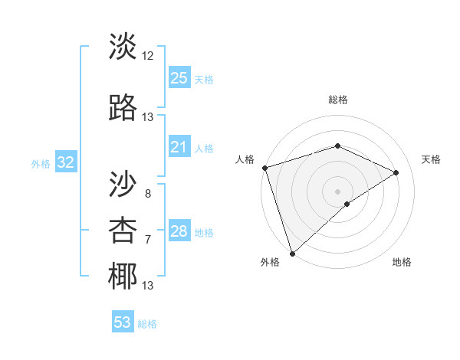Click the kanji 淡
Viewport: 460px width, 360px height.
click(x=123, y=47)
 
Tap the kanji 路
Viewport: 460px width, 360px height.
click(x=123, y=109)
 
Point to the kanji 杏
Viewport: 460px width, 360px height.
click(x=123, y=231)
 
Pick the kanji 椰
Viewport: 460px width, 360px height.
click(x=123, y=277)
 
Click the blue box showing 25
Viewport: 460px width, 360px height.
click(x=179, y=78)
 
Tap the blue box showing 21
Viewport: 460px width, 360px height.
click(x=179, y=147)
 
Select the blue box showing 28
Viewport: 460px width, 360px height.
click(x=179, y=231)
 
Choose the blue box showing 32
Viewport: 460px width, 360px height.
click(x=65, y=162)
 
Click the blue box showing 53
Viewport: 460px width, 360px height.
click(x=122, y=322)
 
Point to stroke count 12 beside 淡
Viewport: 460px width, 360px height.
click(x=148, y=56)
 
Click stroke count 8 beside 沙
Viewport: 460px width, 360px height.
click(x=148, y=193)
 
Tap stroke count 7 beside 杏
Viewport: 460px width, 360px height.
click(x=148, y=240)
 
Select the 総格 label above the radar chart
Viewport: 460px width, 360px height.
click(x=337, y=100)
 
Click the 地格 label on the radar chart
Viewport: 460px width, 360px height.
click(x=402, y=263)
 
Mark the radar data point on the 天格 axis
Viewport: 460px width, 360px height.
click(x=396, y=172)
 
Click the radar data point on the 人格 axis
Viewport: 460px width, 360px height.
click(x=264, y=168)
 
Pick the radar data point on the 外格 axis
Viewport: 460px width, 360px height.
click(x=292, y=253)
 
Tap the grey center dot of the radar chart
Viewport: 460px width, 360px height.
click(x=337, y=191)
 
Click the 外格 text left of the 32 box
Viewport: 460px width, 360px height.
click(x=41, y=163)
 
